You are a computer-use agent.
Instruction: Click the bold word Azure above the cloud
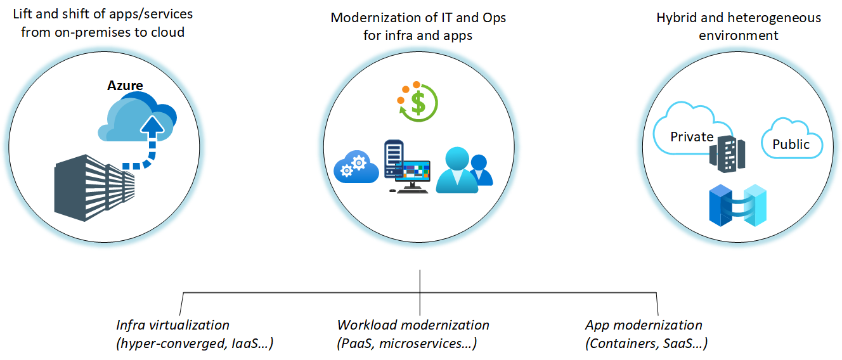pyautogui.click(x=125, y=86)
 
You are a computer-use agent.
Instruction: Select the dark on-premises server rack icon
pyautogui.click(x=94, y=188)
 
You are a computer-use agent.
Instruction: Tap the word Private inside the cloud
pyautogui.click(x=692, y=137)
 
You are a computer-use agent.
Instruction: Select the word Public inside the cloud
pyautogui.click(x=791, y=145)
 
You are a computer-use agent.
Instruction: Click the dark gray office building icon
pyautogui.click(x=727, y=153)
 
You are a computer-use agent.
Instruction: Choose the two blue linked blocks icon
pyautogui.click(x=737, y=205)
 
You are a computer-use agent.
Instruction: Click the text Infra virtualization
pyautogui.click(x=172, y=325)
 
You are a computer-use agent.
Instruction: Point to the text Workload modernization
pyautogui.click(x=413, y=325)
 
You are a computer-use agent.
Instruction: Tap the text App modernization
pyautogui.click(x=644, y=325)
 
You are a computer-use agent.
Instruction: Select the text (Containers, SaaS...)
pyautogui.click(x=646, y=344)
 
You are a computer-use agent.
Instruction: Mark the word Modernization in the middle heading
pyautogui.click(x=384, y=18)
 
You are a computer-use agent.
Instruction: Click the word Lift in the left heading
pyautogui.click(x=22, y=14)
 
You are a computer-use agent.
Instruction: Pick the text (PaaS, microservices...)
pyautogui.click(x=406, y=344)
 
